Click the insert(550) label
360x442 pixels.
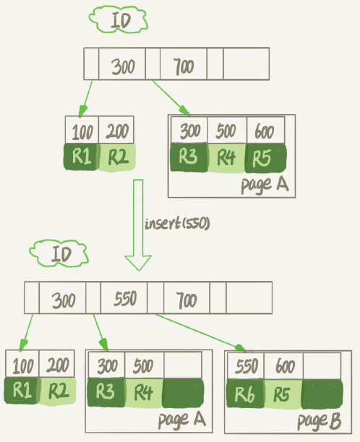click(176, 224)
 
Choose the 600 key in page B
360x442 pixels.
click(283, 367)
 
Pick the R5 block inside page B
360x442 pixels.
click(283, 394)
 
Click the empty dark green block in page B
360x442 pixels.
click(322, 394)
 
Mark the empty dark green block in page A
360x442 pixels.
click(183, 394)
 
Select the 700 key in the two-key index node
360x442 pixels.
click(184, 67)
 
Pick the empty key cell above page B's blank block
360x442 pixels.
click(322, 367)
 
